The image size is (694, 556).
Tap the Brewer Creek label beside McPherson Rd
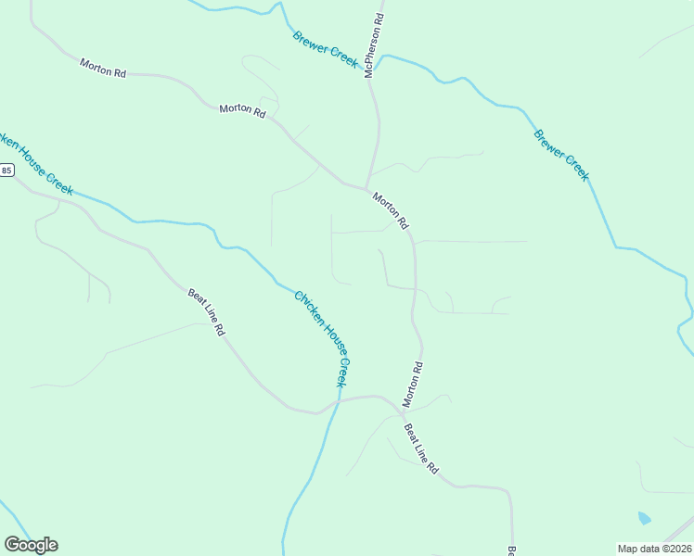[325, 48]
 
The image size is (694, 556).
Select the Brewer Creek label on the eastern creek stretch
[561, 155]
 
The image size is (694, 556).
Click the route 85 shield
[6, 171]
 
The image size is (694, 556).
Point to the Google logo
[31, 545]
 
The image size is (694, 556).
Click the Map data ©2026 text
[655, 549]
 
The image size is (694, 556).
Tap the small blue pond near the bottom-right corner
[644, 518]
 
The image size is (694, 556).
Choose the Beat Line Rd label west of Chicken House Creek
[207, 312]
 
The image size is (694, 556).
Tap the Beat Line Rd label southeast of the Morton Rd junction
[420, 449]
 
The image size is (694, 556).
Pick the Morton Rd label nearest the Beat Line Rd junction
[413, 384]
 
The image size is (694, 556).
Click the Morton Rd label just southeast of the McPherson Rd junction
[390, 211]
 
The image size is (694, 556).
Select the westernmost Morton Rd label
[102, 68]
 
